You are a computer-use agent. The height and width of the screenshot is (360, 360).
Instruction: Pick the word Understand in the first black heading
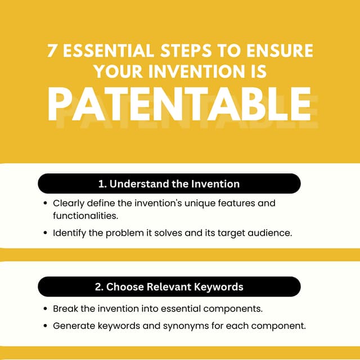click(137, 184)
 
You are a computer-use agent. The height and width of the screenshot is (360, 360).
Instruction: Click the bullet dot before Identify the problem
click(45, 233)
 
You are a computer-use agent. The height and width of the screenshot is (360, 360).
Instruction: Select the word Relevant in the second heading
click(160, 287)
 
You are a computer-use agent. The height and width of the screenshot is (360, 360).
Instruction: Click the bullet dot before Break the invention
click(45, 309)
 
